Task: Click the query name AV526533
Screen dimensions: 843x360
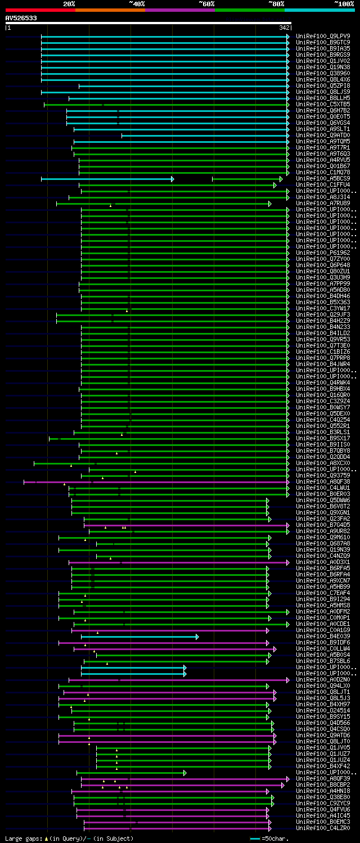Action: click(21, 18)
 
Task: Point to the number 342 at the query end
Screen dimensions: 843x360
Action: click(284, 28)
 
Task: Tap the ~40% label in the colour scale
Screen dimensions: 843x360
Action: click(137, 3)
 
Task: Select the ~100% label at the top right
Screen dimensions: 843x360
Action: click(344, 3)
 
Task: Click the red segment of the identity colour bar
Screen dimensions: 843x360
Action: click(40, 10)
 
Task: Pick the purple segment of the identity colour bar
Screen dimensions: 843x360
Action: click(179, 10)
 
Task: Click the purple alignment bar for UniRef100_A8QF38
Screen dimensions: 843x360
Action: click(169, 482)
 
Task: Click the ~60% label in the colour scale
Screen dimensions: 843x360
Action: click(206, 3)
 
